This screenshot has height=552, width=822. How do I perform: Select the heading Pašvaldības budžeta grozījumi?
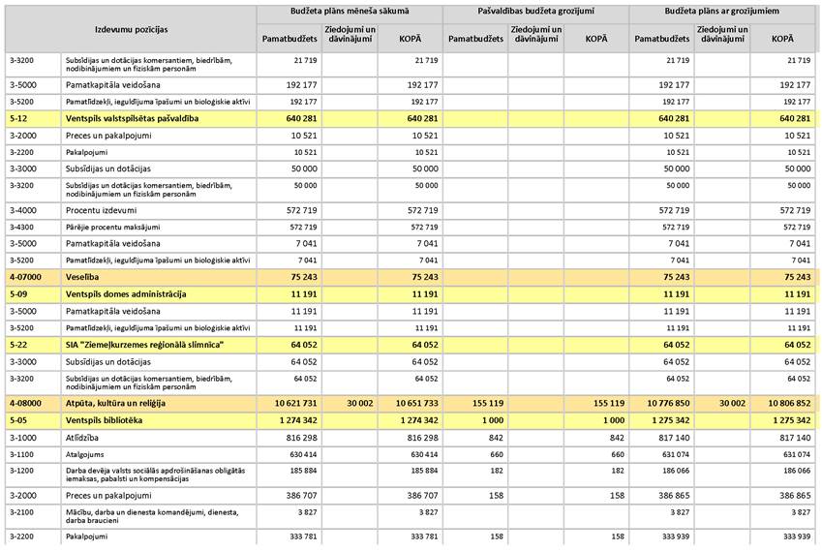(535, 12)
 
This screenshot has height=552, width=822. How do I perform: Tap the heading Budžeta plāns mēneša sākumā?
(349, 12)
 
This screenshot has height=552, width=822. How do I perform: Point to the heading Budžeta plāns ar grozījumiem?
(721, 12)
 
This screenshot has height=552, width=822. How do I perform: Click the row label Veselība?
(83, 276)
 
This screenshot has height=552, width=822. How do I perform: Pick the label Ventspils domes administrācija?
(125, 293)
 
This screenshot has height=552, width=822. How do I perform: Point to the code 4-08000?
(26, 402)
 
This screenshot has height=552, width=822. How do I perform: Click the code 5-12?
(18, 118)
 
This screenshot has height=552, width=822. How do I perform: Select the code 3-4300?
(21, 227)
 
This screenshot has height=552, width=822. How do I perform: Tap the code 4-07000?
(26, 276)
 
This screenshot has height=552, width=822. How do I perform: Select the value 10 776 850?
(663, 402)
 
